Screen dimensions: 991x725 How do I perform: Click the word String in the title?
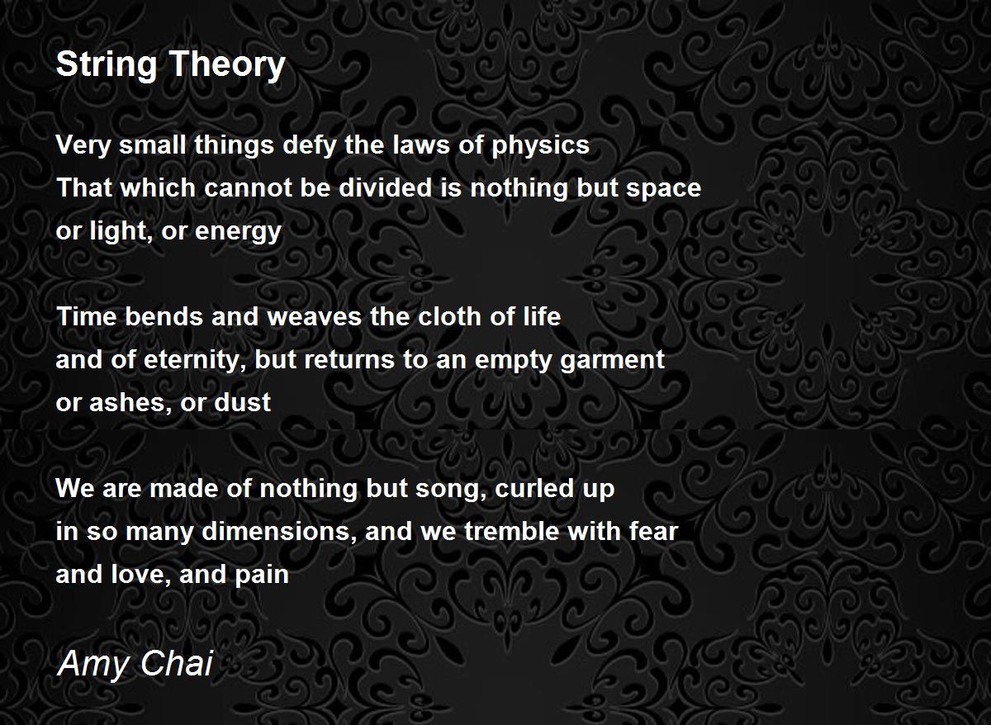click(x=107, y=64)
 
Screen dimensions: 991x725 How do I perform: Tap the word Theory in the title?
click(x=227, y=64)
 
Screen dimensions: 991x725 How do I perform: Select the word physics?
click(x=541, y=145)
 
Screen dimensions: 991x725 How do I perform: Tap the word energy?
click(x=238, y=232)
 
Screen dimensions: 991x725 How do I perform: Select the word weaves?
click(x=315, y=318)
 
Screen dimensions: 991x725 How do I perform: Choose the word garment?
click(x=612, y=361)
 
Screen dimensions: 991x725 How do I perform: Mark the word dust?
click(x=243, y=402)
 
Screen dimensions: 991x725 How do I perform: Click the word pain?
click(x=262, y=575)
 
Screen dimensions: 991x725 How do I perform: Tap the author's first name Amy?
click(x=92, y=665)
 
